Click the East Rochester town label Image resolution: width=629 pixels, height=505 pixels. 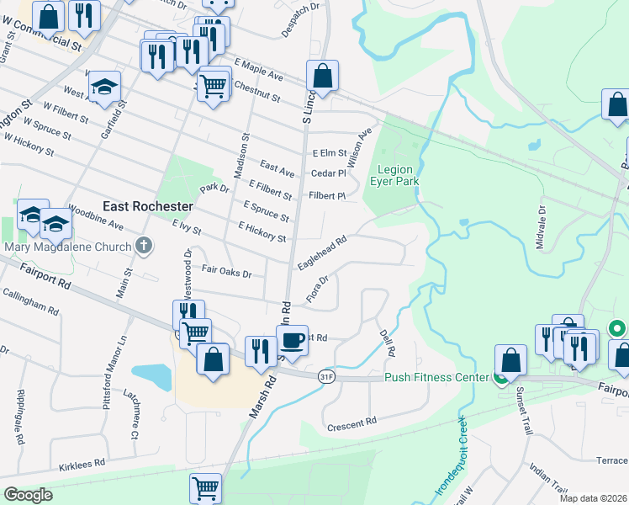click(x=147, y=206)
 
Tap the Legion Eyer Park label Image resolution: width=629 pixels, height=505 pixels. click(x=394, y=175)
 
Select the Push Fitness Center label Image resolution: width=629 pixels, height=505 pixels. click(x=437, y=377)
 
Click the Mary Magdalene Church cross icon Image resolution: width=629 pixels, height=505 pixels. click(x=145, y=247)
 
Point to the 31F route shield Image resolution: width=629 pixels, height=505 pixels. click(x=327, y=377)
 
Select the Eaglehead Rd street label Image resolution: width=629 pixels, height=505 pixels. click(x=322, y=252)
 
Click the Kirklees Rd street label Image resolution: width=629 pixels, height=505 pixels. click(x=82, y=463)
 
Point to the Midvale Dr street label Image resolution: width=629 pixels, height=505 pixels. click(x=541, y=227)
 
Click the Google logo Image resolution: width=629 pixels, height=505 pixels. click(x=28, y=495)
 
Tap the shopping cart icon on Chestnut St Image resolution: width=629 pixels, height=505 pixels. click(x=214, y=83)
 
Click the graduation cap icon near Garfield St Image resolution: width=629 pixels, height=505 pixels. click(x=104, y=88)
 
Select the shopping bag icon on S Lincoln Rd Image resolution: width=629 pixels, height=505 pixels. click(x=322, y=76)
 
